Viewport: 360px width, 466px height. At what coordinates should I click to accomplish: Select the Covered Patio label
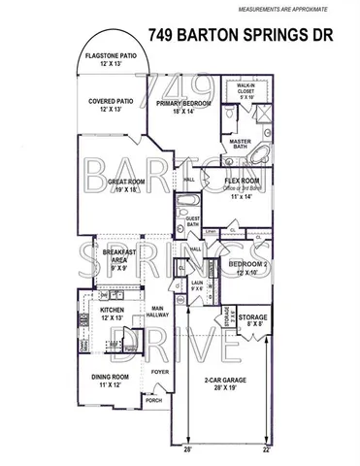tap(110, 104)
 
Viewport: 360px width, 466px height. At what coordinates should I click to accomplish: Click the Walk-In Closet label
tap(245, 91)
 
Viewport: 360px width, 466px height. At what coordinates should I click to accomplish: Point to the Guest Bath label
tap(193, 222)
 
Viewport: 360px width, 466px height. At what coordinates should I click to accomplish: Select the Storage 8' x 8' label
tap(253, 321)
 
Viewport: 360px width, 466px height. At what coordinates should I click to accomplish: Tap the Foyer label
tap(159, 370)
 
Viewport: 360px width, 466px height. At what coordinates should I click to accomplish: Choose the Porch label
tap(153, 399)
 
